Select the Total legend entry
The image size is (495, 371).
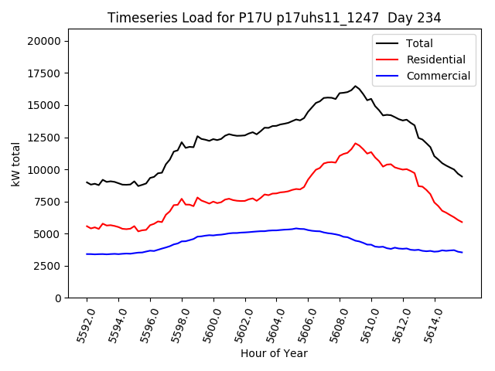pos(422,43)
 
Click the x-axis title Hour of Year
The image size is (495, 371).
pos(274,353)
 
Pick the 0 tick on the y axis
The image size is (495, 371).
pos(60,298)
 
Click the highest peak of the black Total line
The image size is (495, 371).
pos(356,86)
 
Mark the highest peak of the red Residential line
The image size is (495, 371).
pos(356,143)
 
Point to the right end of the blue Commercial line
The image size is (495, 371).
pos(462,252)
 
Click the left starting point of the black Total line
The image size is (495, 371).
pos(87,182)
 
